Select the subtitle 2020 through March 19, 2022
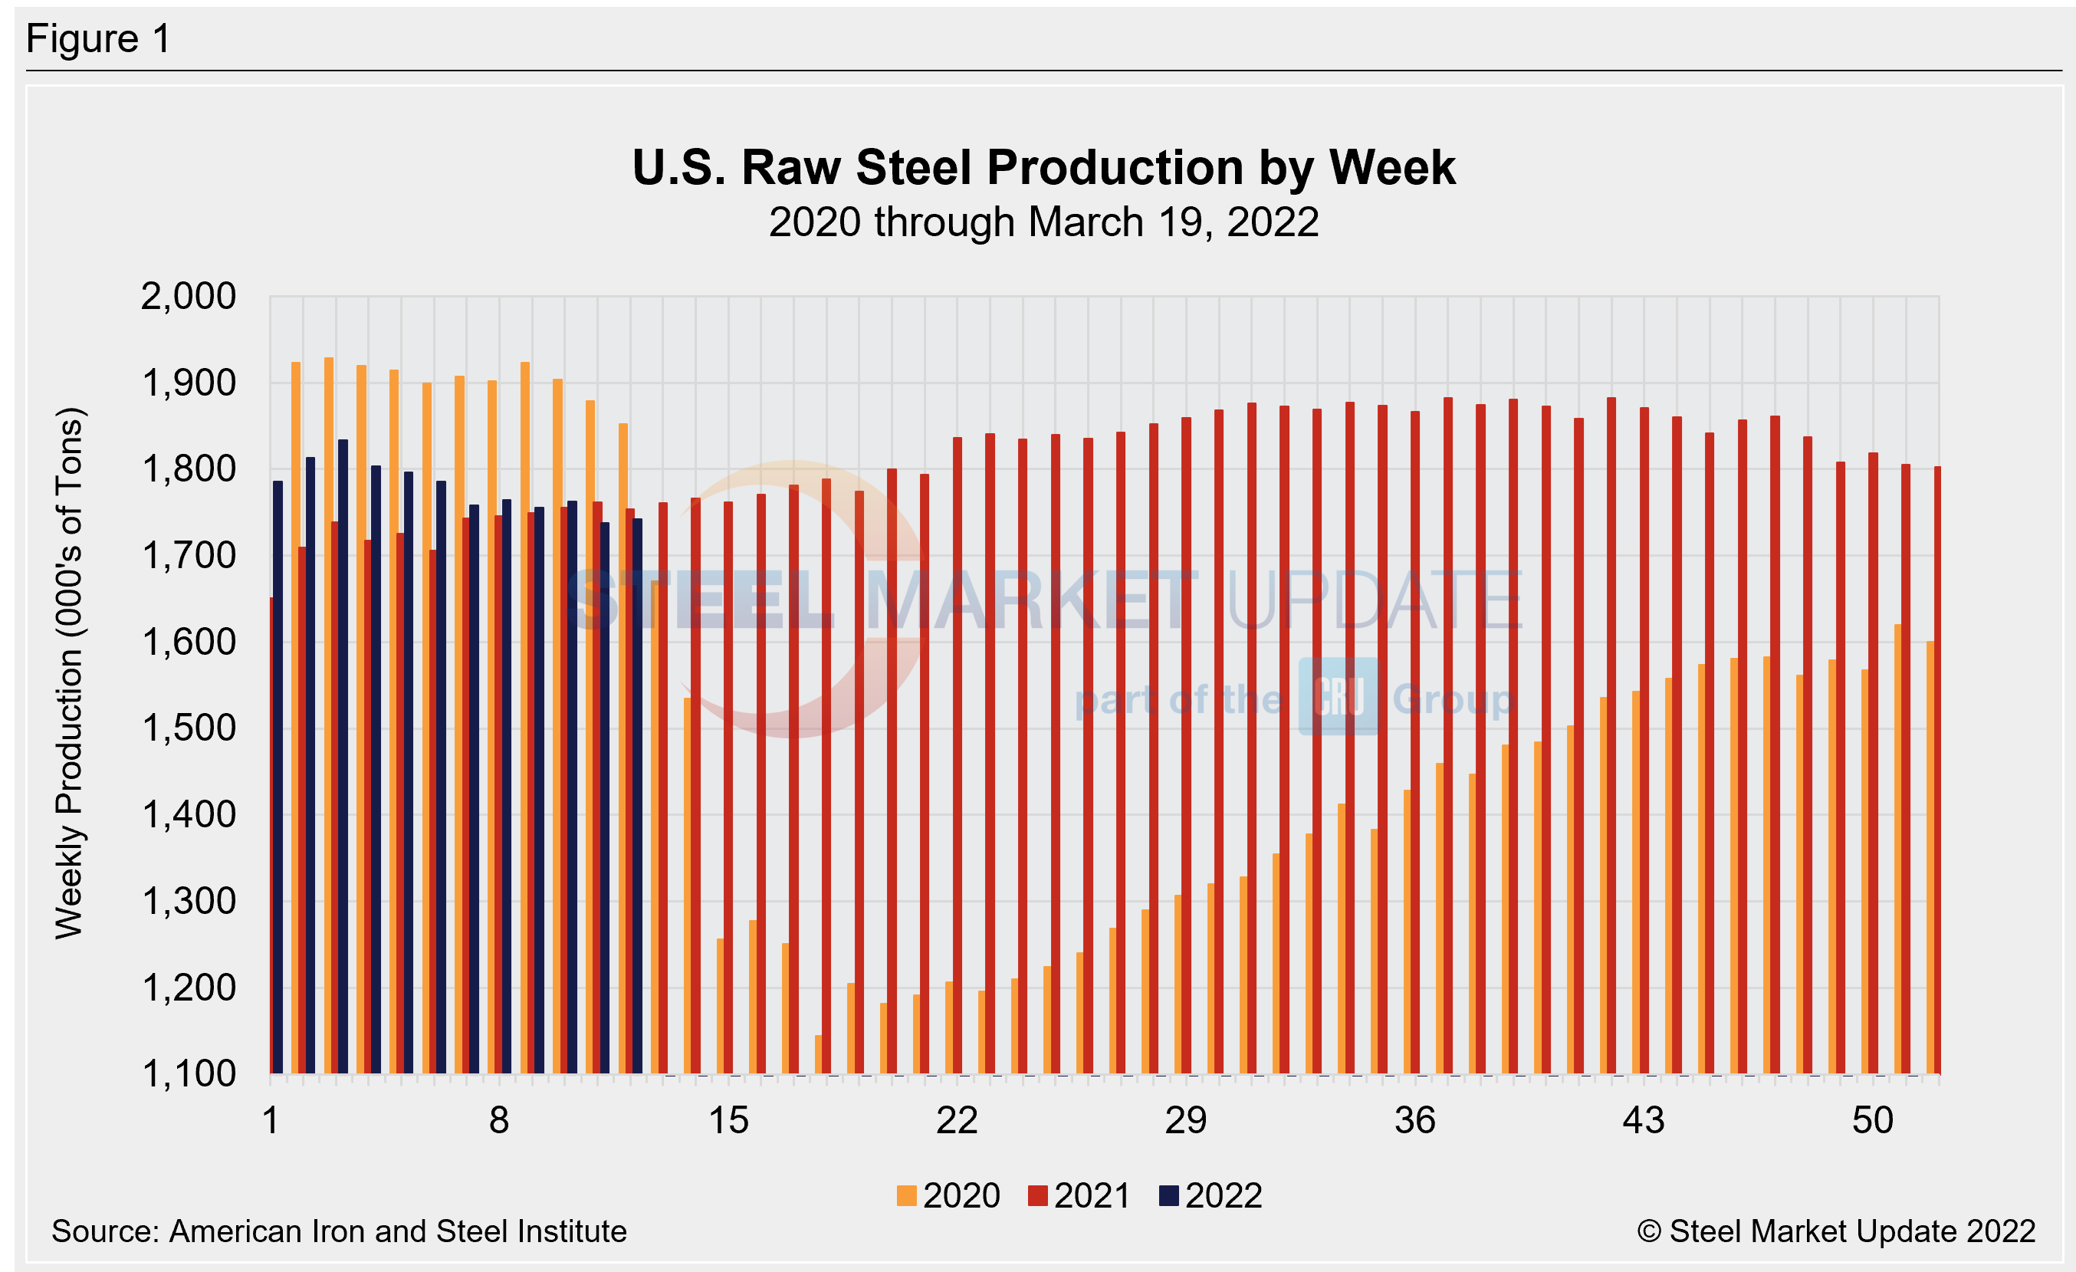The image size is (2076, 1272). point(1043,222)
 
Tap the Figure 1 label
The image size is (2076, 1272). point(99,39)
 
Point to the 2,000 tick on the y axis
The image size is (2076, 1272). point(189,297)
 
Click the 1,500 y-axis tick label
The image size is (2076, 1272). point(189,728)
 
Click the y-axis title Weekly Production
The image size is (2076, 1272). point(69,674)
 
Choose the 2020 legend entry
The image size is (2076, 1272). point(949,1196)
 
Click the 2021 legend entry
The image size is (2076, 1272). point(1079,1196)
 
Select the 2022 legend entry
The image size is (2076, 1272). point(1210,1196)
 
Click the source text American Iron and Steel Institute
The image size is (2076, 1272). point(339,1231)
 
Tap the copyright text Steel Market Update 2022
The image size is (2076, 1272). point(1836,1231)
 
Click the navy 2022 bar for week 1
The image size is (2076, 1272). point(278,775)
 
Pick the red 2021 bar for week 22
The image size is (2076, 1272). point(957,758)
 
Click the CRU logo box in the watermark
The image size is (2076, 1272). point(1338,698)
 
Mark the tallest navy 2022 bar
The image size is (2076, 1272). point(343,758)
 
